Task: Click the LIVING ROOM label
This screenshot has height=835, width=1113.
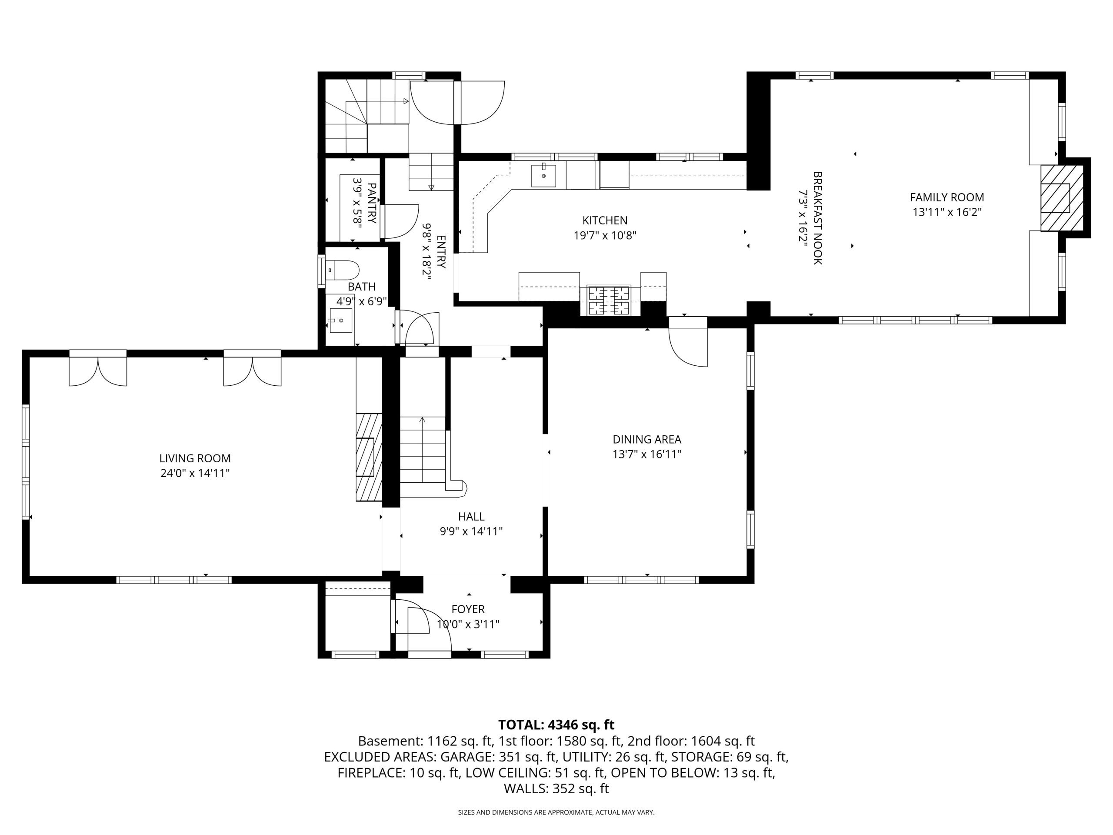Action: (195, 458)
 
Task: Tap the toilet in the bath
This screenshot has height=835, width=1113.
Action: (342, 270)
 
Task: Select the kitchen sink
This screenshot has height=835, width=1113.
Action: (543, 176)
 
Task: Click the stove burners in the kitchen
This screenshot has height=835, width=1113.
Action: (609, 301)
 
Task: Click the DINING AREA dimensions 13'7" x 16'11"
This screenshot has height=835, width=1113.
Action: (646, 454)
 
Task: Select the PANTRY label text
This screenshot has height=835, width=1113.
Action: (372, 203)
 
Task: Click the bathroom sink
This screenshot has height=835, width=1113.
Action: (341, 320)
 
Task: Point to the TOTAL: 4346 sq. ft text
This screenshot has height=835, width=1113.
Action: (556, 725)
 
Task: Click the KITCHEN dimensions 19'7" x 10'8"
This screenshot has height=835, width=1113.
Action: (605, 235)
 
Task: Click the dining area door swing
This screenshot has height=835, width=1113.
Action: (688, 347)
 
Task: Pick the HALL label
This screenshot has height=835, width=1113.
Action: (471, 516)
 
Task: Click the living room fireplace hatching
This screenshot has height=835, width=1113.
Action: (369, 457)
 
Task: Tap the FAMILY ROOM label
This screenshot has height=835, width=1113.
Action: (947, 197)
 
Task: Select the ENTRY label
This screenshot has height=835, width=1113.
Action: (441, 252)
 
